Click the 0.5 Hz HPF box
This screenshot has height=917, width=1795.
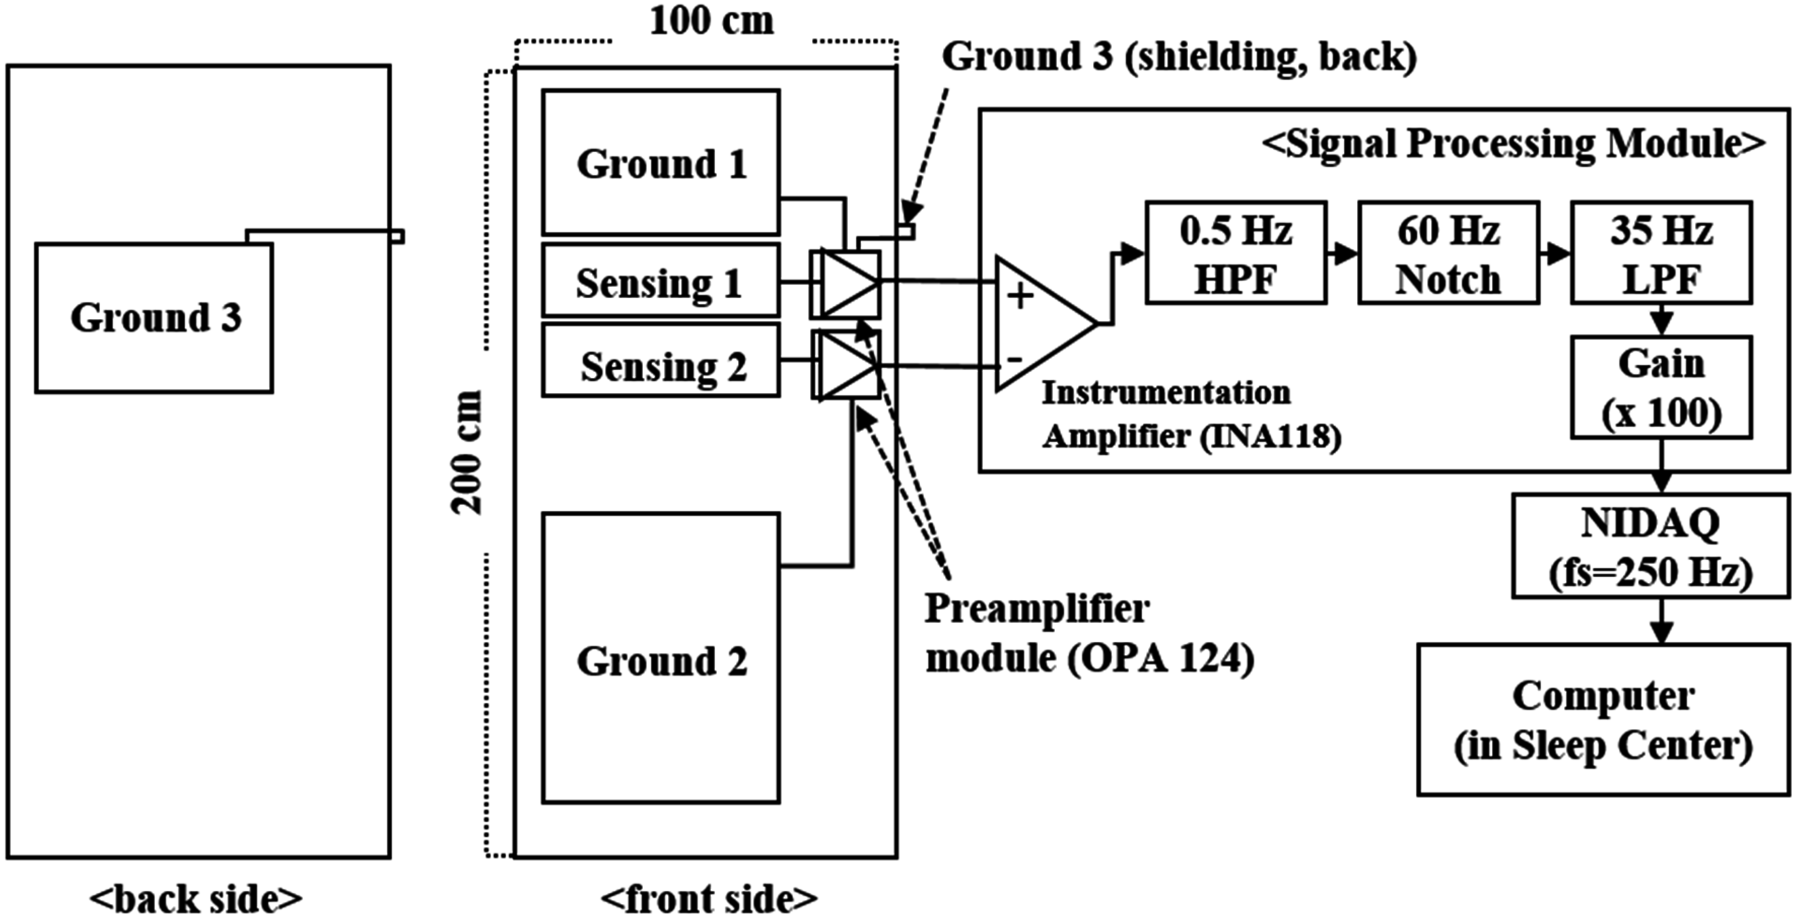[1235, 253]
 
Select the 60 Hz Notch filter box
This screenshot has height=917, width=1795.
[1448, 253]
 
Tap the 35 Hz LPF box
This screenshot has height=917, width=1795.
[1661, 253]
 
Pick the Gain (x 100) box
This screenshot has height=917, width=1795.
[1661, 387]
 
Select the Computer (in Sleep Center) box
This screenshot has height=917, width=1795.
[1603, 719]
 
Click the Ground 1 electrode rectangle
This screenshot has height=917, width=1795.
[661, 162]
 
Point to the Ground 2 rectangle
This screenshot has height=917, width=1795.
[661, 659]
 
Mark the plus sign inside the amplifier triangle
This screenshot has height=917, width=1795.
[1021, 296]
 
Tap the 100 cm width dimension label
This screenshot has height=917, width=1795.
[711, 21]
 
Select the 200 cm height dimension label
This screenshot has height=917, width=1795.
[465, 452]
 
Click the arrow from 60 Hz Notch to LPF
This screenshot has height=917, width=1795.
[1556, 254]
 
